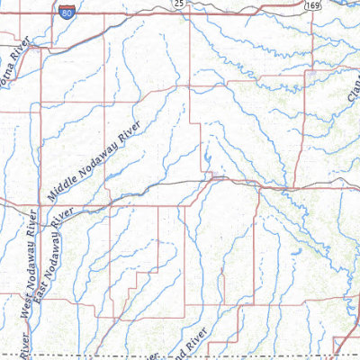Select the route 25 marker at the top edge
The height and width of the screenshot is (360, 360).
click(x=179, y=4)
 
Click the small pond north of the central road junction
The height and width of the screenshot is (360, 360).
click(x=207, y=162)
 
